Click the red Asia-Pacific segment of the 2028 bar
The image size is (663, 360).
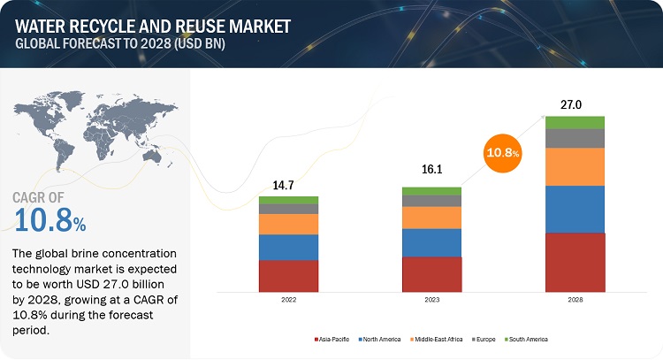pos(575,262)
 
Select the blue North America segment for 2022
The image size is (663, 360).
pos(288,247)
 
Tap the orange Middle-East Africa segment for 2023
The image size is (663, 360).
pos(431,218)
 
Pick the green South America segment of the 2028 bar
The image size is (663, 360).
pos(575,122)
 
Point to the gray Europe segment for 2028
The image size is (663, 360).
pos(575,138)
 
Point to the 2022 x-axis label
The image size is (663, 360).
pos(288,301)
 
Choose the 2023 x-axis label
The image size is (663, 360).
pos(431,301)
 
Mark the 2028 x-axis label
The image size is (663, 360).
pos(575,301)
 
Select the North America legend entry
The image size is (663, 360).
pos(384,339)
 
